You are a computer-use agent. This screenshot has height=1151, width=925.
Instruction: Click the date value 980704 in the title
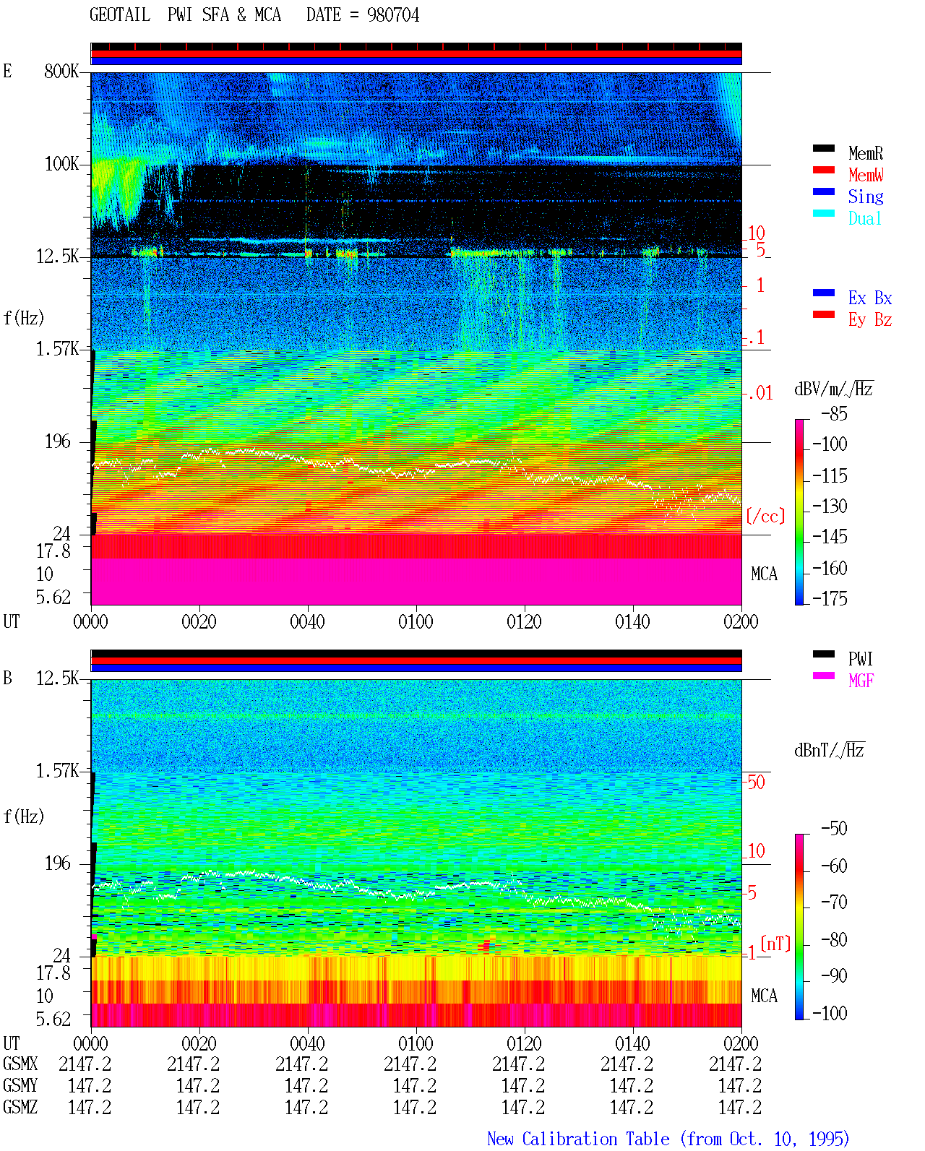(392, 15)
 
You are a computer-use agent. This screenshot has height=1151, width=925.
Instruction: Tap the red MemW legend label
(865, 175)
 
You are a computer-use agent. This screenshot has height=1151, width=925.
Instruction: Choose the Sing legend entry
(865, 197)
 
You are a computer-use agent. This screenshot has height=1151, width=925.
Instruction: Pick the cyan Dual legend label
(864, 218)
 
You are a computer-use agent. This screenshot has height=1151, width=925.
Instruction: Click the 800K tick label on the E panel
(61, 71)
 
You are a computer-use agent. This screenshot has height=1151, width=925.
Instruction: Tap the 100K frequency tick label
(61, 164)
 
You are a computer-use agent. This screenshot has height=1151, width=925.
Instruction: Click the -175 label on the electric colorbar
(830, 598)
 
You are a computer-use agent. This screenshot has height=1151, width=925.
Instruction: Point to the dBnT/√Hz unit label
(829, 751)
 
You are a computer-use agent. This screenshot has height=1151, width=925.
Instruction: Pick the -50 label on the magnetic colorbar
(834, 829)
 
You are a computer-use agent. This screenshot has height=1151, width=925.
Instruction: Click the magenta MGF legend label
(861, 681)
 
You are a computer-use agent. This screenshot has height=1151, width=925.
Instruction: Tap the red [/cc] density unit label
(765, 516)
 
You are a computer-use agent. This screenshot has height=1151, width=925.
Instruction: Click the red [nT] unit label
(775, 943)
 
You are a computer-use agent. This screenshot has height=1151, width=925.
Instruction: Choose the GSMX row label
(20, 1064)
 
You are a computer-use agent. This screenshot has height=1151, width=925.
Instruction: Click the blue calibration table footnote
(668, 1139)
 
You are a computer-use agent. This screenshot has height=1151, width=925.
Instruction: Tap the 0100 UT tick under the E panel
(416, 622)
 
